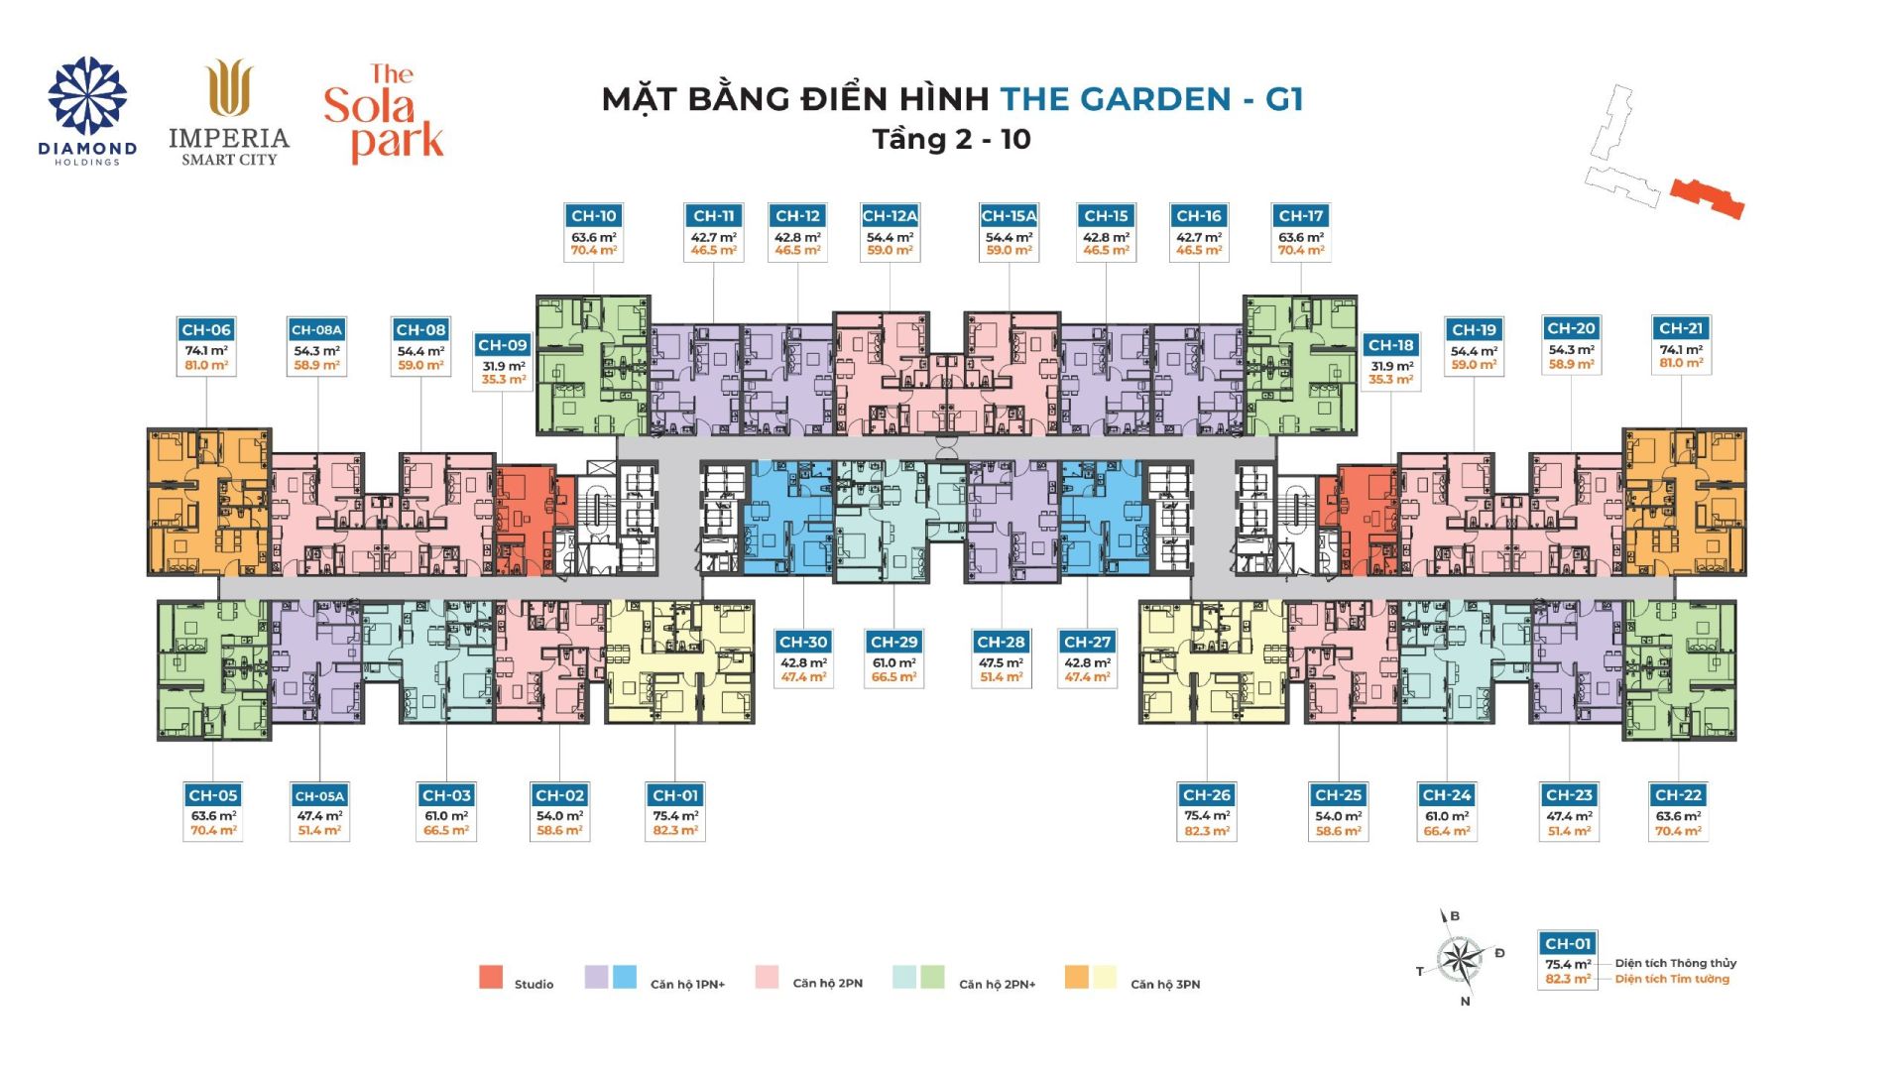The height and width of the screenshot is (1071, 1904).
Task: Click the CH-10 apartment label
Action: coord(594,216)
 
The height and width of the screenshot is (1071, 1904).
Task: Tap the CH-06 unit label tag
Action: coord(206,330)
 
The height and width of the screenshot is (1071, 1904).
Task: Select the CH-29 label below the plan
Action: coord(893,643)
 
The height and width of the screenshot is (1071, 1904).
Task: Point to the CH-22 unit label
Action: coord(1678,795)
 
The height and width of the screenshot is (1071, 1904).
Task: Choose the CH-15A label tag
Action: coord(1009,216)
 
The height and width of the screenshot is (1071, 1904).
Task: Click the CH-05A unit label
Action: coord(319,795)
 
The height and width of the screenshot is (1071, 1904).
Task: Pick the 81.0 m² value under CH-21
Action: coord(1681,364)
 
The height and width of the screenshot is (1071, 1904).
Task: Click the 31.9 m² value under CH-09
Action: coord(504,366)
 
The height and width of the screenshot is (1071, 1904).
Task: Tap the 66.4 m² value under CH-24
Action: coord(1447,831)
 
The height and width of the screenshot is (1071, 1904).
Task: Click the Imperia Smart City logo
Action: coord(229,112)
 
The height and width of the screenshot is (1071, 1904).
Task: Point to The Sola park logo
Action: coord(384,113)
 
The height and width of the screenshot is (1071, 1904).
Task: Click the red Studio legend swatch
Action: coord(491,977)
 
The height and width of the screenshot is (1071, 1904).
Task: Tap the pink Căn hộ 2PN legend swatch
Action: coord(767,977)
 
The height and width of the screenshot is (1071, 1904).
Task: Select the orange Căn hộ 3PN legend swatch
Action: coord(1077,977)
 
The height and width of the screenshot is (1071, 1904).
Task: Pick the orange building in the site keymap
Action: coord(1708,198)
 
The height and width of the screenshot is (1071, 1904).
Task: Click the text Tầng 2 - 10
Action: coord(952,139)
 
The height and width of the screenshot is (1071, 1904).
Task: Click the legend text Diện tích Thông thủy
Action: coord(1676,963)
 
